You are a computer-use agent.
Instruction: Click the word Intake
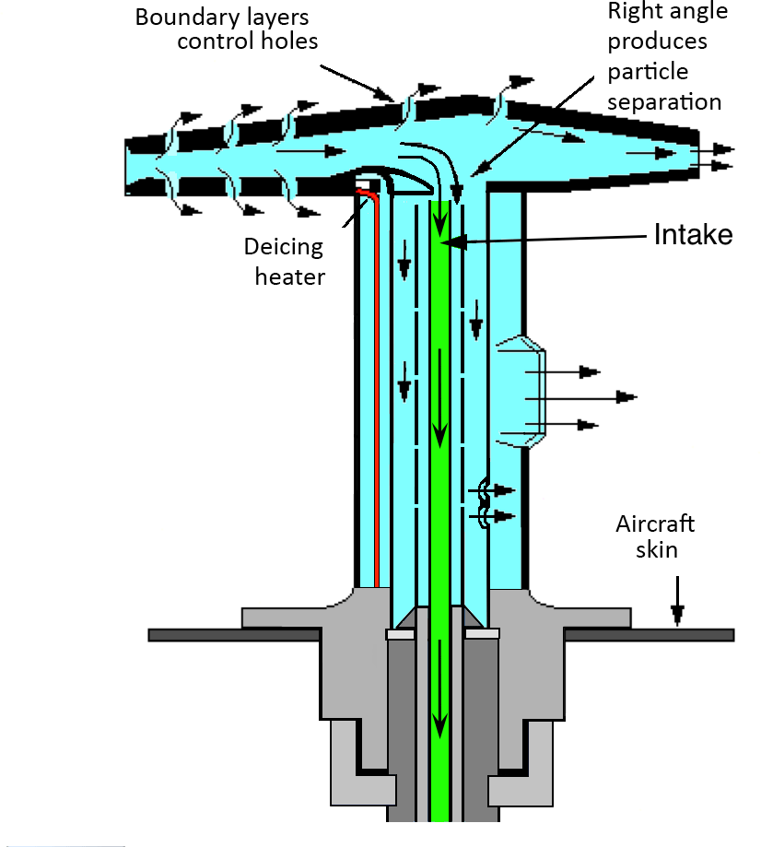click(693, 235)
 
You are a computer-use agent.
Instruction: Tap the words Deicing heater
click(284, 261)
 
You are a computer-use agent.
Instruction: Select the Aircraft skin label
click(655, 536)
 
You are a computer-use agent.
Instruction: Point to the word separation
click(663, 101)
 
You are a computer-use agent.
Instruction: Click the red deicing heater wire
click(377, 387)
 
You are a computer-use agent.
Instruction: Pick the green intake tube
click(440, 507)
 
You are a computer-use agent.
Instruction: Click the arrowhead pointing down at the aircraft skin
click(678, 610)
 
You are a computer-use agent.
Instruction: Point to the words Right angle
click(667, 12)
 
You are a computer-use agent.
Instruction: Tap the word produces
click(658, 41)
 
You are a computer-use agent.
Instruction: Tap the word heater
click(289, 275)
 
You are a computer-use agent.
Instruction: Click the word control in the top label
click(211, 41)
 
